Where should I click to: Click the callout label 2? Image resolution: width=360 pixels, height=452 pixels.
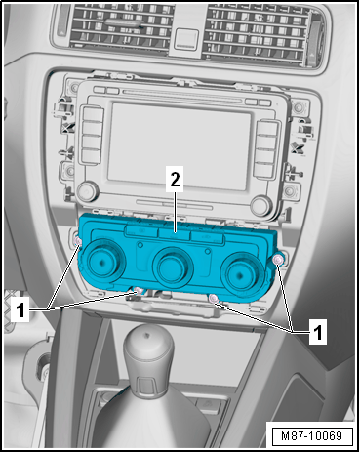(x=175, y=179)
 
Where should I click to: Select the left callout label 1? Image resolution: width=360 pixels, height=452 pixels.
(x=20, y=309)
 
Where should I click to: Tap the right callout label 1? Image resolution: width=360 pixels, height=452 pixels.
(x=317, y=332)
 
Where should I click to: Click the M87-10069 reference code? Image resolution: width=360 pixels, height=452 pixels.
(x=311, y=436)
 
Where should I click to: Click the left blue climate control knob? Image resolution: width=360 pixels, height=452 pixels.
(x=101, y=261)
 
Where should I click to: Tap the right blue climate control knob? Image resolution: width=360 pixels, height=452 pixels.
(x=241, y=274)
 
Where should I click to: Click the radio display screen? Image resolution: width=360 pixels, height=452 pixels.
(x=180, y=145)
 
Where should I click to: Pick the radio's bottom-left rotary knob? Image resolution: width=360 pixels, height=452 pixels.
(x=87, y=191)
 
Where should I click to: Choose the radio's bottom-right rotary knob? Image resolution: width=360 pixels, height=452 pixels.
(x=260, y=205)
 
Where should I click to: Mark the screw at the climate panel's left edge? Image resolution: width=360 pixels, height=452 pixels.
(x=78, y=242)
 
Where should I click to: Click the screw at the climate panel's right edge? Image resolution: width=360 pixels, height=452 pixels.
(x=278, y=260)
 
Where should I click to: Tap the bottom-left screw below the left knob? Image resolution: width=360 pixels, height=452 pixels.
(x=139, y=291)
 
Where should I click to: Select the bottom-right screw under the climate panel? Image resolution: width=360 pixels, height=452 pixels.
(x=214, y=298)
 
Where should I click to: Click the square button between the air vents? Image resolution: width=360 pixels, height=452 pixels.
(x=186, y=40)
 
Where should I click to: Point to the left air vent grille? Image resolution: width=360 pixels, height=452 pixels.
(x=119, y=28)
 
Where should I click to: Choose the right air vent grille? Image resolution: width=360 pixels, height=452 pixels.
(x=257, y=33)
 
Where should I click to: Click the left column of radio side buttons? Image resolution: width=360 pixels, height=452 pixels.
(x=93, y=134)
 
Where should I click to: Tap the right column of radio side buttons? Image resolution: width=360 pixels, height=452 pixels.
(x=266, y=148)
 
